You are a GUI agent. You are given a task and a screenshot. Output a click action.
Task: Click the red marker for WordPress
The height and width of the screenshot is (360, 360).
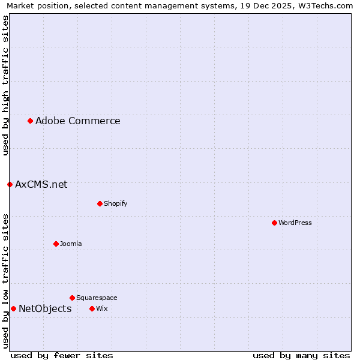coord(274,223)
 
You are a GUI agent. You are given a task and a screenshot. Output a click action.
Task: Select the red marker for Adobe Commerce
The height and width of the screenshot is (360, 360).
coord(30,121)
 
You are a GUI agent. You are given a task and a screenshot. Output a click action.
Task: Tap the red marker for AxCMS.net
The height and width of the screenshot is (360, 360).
coord(10,184)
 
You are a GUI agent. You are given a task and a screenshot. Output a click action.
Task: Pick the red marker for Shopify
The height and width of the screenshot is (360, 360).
coord(100,203)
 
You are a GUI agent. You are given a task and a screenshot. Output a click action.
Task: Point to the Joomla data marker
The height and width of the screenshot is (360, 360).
coord(56,244)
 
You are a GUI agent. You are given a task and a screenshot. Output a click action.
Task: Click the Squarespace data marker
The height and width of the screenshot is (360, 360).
coord(72,298)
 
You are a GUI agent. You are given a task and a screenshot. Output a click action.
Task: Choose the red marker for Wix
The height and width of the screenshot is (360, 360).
coord(92,308)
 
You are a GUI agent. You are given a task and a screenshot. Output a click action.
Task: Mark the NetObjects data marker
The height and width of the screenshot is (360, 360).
coord(13,308)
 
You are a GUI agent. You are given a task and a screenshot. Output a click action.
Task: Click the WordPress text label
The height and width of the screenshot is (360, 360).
coord(295,223)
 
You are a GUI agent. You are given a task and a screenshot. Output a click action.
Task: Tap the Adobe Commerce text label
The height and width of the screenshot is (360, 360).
coord(77,121)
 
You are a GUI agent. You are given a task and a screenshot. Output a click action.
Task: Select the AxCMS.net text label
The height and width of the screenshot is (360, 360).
coord(41,184)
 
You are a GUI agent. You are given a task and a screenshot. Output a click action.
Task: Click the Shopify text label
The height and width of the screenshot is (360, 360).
coord(115,203)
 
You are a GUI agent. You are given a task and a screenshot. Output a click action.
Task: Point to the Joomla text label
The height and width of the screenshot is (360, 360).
coord(71,244)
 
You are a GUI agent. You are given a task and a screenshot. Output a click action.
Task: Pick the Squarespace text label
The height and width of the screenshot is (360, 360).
coord(97,298)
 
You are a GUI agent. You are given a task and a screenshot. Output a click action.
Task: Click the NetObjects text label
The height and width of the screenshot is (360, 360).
coord(45,308)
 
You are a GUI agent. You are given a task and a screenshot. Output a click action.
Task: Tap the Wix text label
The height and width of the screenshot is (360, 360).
coord(101,308)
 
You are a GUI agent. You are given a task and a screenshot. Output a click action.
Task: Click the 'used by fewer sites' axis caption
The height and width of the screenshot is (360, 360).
coord(62,355)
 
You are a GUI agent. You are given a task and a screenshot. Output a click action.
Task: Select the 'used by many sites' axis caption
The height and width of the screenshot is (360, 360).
coord(301,355)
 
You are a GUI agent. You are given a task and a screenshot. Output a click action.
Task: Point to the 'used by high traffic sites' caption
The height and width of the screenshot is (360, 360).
coord(5,85)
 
